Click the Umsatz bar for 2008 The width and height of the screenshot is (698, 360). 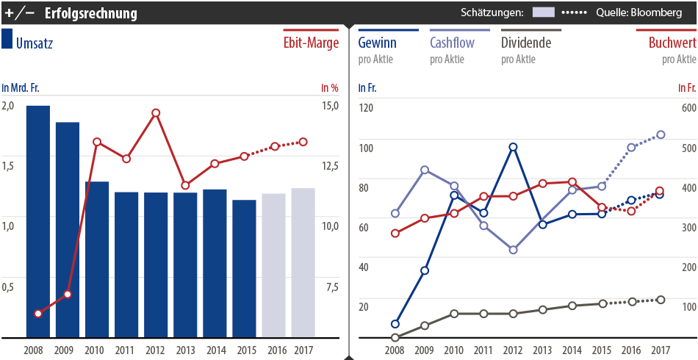38,220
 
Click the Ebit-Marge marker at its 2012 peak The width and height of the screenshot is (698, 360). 156,113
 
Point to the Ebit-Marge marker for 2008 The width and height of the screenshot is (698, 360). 38,314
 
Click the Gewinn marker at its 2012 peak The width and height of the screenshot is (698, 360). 513,147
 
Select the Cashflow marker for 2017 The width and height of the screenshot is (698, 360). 661,134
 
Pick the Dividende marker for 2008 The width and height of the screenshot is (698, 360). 395,338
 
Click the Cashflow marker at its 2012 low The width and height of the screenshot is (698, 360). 513,250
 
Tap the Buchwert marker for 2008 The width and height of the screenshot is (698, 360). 395,234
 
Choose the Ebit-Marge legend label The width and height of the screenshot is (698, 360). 311,43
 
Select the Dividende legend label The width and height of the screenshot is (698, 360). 525,43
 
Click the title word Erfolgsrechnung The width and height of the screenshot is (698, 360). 90,12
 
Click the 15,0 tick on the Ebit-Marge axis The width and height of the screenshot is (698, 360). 329,105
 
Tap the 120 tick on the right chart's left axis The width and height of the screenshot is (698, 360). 366,107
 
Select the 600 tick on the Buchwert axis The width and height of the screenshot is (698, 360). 688,107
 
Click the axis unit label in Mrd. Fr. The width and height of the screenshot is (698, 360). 21,88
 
